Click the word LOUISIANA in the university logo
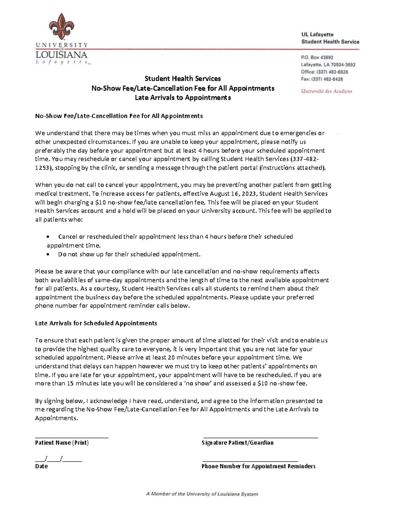[x=61, y=54]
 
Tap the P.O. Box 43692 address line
[x=317, y=57]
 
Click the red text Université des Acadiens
[x=327, y=91]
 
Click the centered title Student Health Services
[x=183, y=79]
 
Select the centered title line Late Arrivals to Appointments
[x=183, y=98]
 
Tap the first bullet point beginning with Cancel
[x=175, y=237]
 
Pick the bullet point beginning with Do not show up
[x=129, y=254]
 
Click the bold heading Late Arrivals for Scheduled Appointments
[x=96, y=323]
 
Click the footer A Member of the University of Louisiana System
[x=202, y=494]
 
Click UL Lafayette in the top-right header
[x=317, y=34]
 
